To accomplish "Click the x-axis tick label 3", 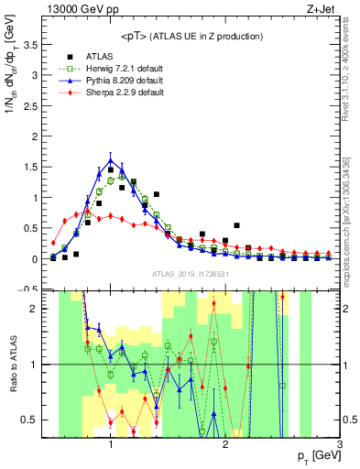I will click(x=339, y=444).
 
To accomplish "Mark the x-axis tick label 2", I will click(x=225, y=444).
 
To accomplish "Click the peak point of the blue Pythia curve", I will click(x=110, y=159).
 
